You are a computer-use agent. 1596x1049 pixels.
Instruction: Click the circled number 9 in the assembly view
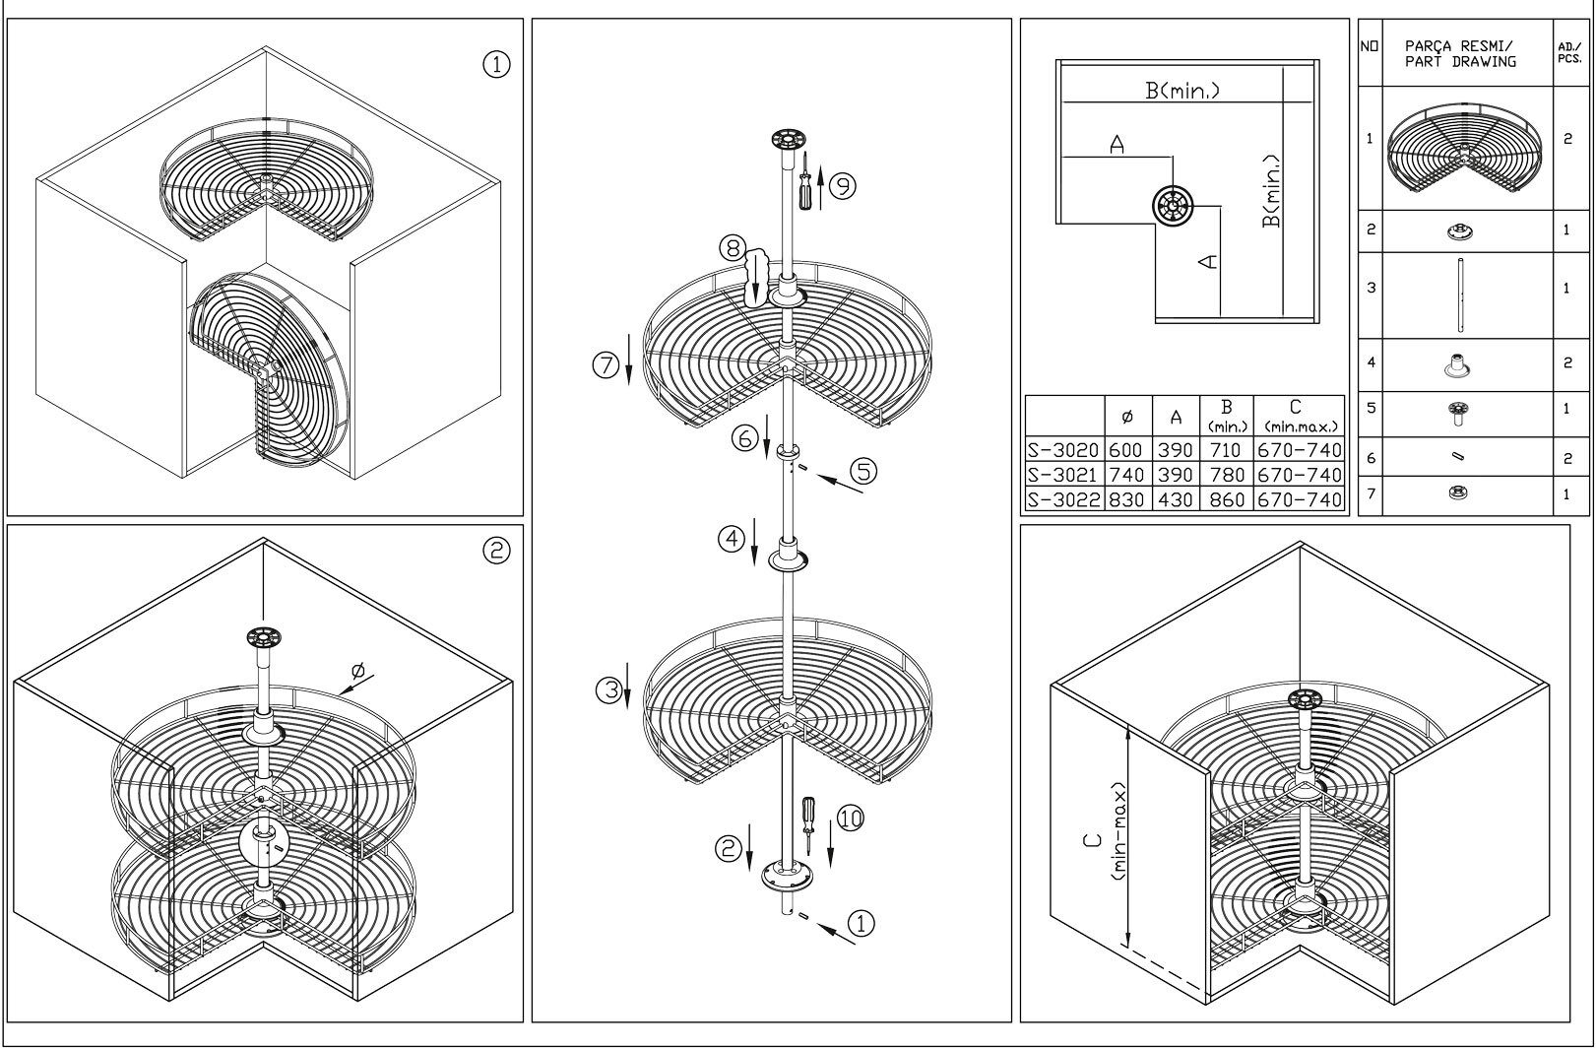(842, 185)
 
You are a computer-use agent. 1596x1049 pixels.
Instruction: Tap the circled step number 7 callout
(605, 365)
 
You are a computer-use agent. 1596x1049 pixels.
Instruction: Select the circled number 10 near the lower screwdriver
(850, 819)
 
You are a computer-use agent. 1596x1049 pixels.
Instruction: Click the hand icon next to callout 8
(757, 279)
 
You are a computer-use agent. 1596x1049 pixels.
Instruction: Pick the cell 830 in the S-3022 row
(1126, 499)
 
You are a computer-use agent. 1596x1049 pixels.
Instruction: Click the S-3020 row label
(1062, 450)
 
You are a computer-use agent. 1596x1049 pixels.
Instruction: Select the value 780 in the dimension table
(1227, 475)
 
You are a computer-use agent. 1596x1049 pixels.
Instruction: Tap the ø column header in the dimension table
(1126, 417)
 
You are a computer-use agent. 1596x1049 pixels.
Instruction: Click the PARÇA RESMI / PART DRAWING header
(1459, 53)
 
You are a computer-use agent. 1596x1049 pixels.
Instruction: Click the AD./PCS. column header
(1569, 51)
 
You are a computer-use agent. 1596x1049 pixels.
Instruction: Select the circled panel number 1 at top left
(496, 65)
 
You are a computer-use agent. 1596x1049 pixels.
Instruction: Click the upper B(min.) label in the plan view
(1182, 91)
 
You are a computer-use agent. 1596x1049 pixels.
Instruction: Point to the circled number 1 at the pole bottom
(861, 923)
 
